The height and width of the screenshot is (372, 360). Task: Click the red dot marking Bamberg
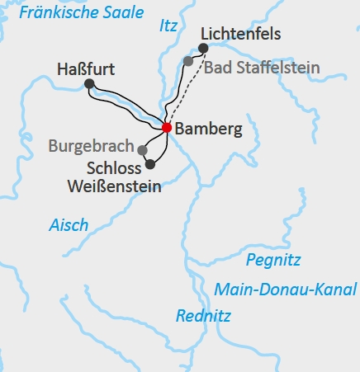(x=167, y=128)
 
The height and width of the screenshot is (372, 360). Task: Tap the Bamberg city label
(x=210, y=129)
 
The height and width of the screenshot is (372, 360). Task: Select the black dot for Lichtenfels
(x=204, y=48)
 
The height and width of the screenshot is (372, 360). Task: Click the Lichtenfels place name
(x=241, y=35)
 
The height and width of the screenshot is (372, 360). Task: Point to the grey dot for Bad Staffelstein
(x=188, y=61)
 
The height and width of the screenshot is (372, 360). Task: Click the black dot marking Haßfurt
(x=89, y=83)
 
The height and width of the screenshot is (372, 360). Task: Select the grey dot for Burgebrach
(x=143, y=150)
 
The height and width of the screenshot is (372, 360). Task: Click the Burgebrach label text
(x=91, y=147)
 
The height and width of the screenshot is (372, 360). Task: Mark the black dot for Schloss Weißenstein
(x=149, y=164)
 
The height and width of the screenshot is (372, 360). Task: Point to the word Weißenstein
(x=113, y=186)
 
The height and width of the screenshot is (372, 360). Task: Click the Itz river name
(x=168, y=27)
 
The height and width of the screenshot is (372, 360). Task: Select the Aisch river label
(x=69, y=225)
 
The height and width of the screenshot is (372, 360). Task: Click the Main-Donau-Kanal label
(x=285, y=289)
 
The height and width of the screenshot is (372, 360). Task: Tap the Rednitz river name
(x=203, y=315)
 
